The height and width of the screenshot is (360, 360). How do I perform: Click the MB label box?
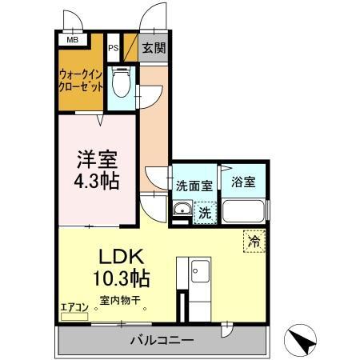pos(72,38)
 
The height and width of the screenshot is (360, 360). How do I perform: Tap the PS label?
pos(114,48)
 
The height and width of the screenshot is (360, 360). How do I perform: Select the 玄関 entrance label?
pos(154,48)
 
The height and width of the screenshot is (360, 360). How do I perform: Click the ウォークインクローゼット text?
pos(81,83)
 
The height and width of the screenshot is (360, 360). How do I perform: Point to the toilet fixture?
pos(122,82)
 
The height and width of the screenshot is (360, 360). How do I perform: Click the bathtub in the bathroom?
pos(245,211)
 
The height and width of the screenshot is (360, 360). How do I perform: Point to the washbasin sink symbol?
pos(181,212)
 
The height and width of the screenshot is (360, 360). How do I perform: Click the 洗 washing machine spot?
pos(204,213)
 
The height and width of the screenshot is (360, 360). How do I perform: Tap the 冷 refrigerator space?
pos(254,240)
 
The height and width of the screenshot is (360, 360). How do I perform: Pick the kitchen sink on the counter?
pos(198,272)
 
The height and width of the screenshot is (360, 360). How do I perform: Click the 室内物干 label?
pos(120,302)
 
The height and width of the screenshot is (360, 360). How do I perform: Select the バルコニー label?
pos(162,341)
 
